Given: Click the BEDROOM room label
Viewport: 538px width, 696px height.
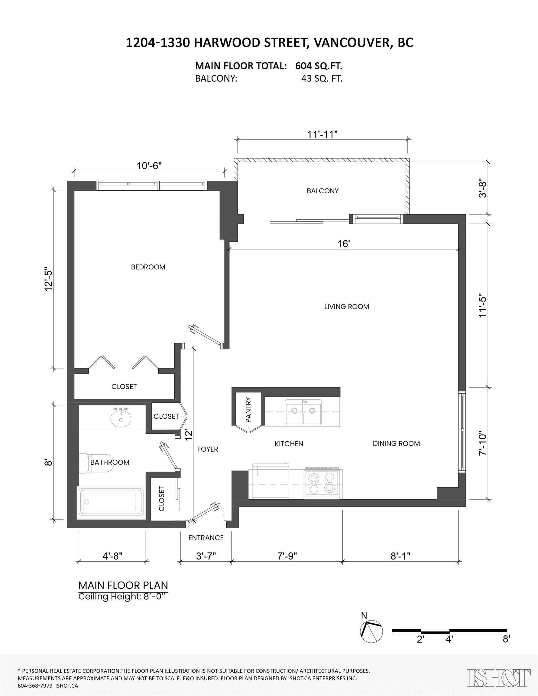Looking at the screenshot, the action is (x=148, y=267).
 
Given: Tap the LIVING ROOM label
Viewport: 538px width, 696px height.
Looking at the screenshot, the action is (x=347, y=307).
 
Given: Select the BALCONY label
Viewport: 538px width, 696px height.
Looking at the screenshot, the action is (x=323, y=191).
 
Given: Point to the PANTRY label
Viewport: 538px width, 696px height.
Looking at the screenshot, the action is (x=248, y=410).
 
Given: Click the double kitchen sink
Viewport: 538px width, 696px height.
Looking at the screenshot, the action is (x=303, y=412).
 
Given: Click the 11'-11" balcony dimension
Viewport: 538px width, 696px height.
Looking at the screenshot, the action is (x=322, y=134).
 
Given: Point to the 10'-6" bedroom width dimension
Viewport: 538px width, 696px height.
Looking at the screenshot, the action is (x=149, y=166).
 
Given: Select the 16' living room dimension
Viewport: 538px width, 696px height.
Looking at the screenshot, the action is (x=344, y=244).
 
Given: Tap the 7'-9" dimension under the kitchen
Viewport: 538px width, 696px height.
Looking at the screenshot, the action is (x=287, y=556).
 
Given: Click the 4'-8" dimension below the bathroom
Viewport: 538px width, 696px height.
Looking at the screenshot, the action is (x=112, y=556).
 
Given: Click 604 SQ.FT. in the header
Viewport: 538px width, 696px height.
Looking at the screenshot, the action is (x=319, y=66).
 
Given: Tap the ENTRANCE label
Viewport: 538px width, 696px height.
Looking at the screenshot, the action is (x=206, y=538).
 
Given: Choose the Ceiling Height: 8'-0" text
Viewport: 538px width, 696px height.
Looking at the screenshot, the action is (x=123, y=597).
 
